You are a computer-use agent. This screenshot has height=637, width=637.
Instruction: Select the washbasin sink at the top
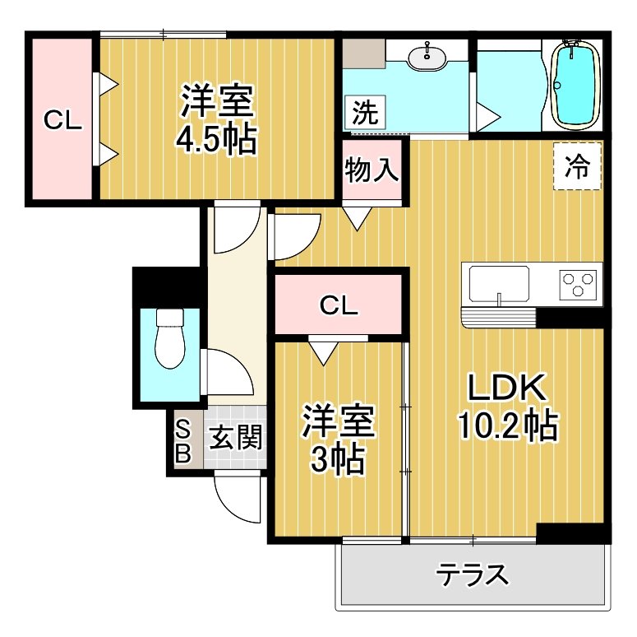click(427, 57)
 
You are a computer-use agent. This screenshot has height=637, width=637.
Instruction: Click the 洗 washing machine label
click(364, 113)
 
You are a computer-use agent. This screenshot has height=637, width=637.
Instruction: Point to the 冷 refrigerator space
click(578, 167)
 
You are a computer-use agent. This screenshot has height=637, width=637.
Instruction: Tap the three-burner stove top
click(579, 284)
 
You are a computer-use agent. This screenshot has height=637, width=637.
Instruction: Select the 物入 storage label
click(372, 170)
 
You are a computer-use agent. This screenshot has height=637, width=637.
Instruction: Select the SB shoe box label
click(183, 440)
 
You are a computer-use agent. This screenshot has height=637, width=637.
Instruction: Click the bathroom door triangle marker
click(486, 114)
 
